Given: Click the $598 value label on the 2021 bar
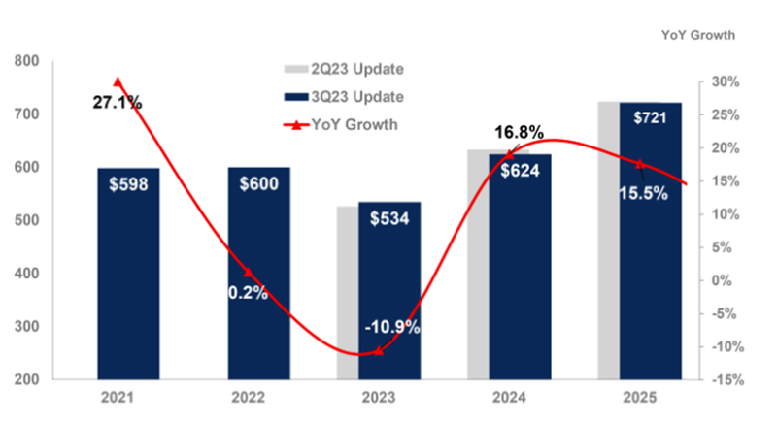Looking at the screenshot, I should pyautogui.click(x=128, y=184).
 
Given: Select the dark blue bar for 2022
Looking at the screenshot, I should pyautogui.click(x=258, y=291).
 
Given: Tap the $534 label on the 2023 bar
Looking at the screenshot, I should pyautogui.click(x=389, y=218).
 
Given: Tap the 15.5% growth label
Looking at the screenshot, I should pyautogui.click(x=643, y=193).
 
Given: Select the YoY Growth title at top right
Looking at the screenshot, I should pyautogui.click(x=697, y=35).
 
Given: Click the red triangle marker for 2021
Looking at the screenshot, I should pyautogui.click(x=118, y=82).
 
